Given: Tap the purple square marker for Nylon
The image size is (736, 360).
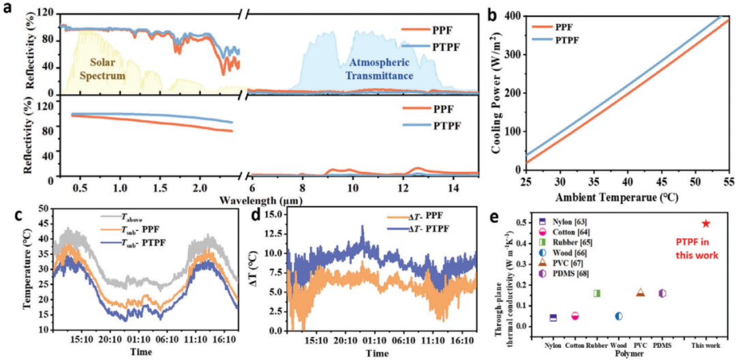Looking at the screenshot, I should (553, 318).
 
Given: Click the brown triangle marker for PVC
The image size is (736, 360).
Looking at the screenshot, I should (640, 292).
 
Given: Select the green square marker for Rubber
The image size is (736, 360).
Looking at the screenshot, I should (596, 293).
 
